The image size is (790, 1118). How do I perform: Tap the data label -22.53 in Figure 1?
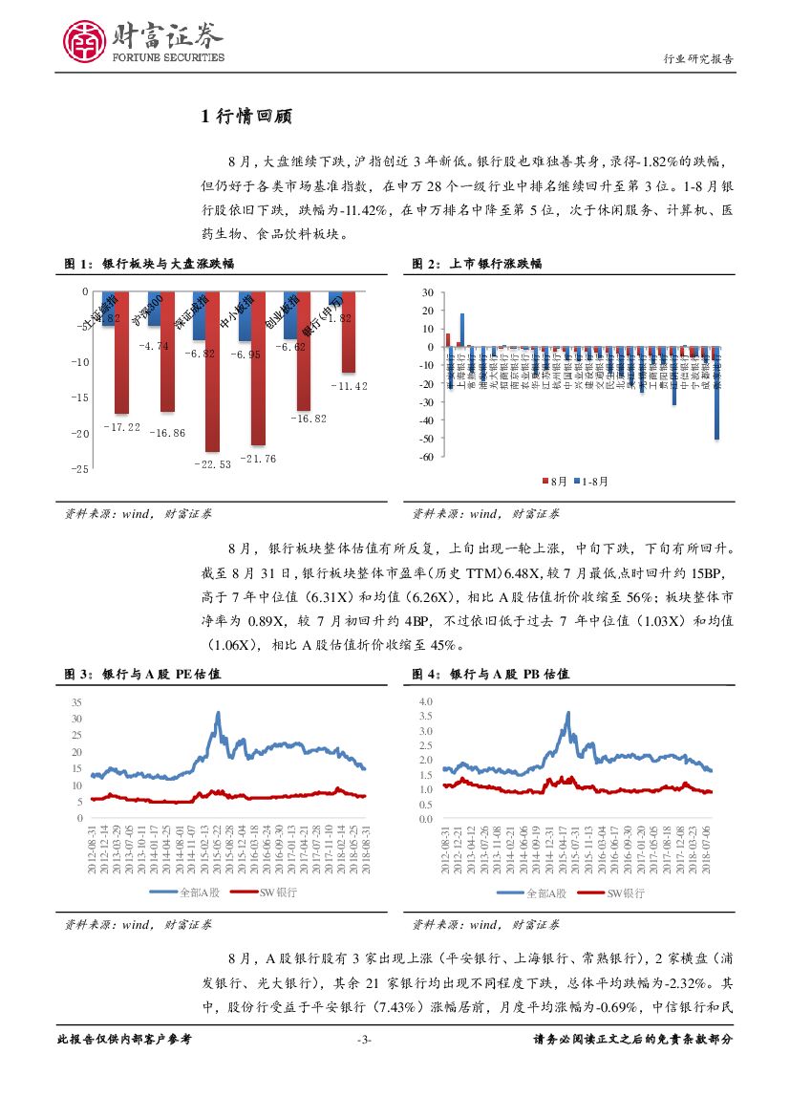pyautogui.click(x=212, y=463)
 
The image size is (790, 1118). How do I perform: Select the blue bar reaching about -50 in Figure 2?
pyautogui.click(x=716, y=393)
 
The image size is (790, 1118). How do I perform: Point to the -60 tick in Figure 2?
pyautogui.click(x=426, y=457)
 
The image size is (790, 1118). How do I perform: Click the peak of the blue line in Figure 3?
pyautogui.click(x=218, y=713)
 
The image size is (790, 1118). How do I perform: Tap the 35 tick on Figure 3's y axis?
pyautogui.click(x=76, y=702)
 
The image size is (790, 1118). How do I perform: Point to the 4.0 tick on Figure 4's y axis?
pyautogui.click(x=425, y=702)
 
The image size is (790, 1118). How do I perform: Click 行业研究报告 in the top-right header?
pyautogui.click(x=698, y=59)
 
